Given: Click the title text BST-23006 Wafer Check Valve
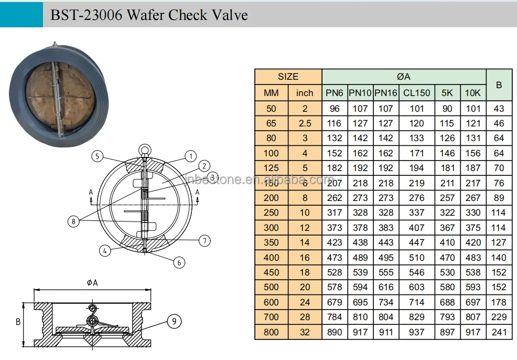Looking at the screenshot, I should coord(148,14).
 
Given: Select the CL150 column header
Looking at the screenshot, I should coord(417,93).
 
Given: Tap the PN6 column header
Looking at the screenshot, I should coord(334,93).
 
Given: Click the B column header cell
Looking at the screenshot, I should coord(499,84).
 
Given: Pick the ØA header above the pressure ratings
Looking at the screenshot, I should coord(404,77).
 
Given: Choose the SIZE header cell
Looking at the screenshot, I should coord(288,77).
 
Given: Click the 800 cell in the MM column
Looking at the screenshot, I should coord(271,332).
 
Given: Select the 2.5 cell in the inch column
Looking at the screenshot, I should coord(304,123).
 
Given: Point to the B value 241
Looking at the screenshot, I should coord(499,332).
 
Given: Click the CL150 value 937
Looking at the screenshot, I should coord(417,332).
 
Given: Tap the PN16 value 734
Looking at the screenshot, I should coord(386,302).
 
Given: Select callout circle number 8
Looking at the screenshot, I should coord(74,221).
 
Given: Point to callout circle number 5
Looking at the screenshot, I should coord(96,156).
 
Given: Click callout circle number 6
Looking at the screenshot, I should coord(179,262).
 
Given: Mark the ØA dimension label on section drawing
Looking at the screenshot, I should coord(92,283).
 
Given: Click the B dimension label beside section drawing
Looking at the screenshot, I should coord(18,322).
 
